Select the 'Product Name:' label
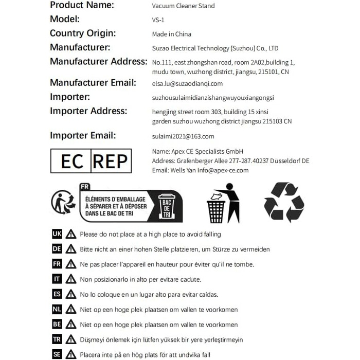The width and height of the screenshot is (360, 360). [x=82, y=5]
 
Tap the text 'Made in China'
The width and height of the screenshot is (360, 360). [x=172, y=34]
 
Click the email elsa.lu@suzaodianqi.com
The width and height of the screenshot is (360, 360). [x=188, y=83]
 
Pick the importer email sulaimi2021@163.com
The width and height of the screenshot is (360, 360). [x=183, y=136]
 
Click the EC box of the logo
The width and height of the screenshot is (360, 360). [x=71, y=161]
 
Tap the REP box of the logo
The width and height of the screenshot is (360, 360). [x=110, y=161]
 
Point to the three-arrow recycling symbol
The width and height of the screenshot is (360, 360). [x=284, y=202]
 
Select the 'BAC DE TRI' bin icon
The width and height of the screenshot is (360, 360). [x=168, y=206]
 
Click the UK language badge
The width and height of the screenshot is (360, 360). [x=57, y=234]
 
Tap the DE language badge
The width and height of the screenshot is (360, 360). [x=57, y=249]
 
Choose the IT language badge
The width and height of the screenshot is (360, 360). [x=57, y=279]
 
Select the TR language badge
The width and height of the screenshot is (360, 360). [x=57, y=339]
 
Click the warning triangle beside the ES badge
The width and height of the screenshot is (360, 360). [x=71, y=295]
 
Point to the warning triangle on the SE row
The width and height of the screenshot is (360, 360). [x=71, y=354]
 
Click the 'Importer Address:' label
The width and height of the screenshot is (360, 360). [x=88, y=111]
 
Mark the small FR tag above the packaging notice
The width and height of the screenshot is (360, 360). [x=85, y=186]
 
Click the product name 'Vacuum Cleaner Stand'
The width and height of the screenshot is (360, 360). [x=184, y=6]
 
